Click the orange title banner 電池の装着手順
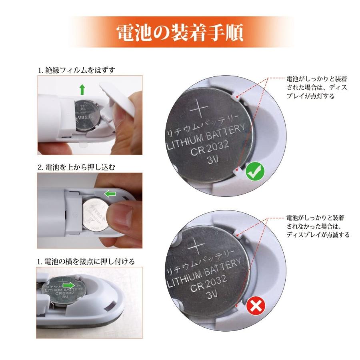tap(180, 32)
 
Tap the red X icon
tap(255, 307)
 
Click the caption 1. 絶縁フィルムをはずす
tap(76, 70)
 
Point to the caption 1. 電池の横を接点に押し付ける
tap(86, 261)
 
